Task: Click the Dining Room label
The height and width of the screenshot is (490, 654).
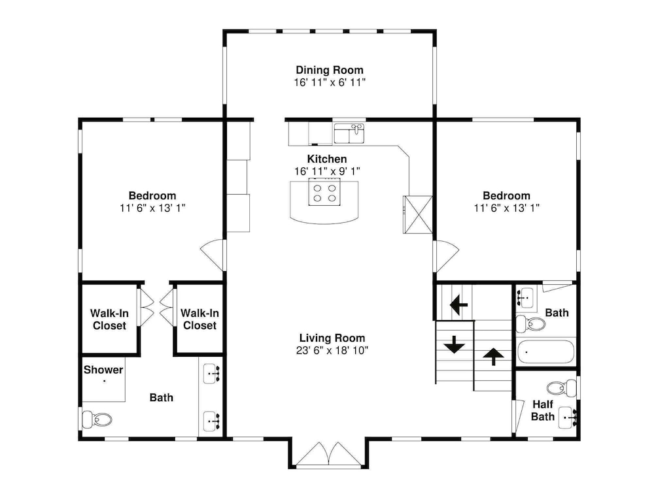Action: [330, 70]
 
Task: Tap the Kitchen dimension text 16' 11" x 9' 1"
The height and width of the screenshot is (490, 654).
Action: [328, 171]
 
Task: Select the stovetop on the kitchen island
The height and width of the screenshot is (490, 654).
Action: [324, 191]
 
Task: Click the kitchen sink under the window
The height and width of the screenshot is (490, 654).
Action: [349, 133]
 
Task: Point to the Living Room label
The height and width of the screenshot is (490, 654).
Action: [332, 338]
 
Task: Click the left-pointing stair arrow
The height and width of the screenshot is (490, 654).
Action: [458, 304]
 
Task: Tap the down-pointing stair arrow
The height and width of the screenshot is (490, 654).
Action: [454, 344]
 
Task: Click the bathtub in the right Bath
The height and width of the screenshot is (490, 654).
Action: [546, 352]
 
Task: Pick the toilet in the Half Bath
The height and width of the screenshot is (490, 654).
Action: [561, 388]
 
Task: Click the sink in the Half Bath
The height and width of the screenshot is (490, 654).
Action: [568, 417]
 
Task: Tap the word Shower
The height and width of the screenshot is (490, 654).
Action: [103, 370]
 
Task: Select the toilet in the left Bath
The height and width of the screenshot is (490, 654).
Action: [97, 419]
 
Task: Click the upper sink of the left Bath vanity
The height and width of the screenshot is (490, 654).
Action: [211, 374]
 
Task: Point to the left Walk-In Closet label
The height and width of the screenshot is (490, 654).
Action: [109, 319]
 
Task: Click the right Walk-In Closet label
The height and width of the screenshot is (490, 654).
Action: [199, 319]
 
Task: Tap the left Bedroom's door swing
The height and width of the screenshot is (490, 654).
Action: [213, 255]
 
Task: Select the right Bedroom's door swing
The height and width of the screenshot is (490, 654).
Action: [446, 255]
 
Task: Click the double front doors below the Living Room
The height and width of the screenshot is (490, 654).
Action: [329, 453]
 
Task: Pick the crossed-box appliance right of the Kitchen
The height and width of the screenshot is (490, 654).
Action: [417, 214]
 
